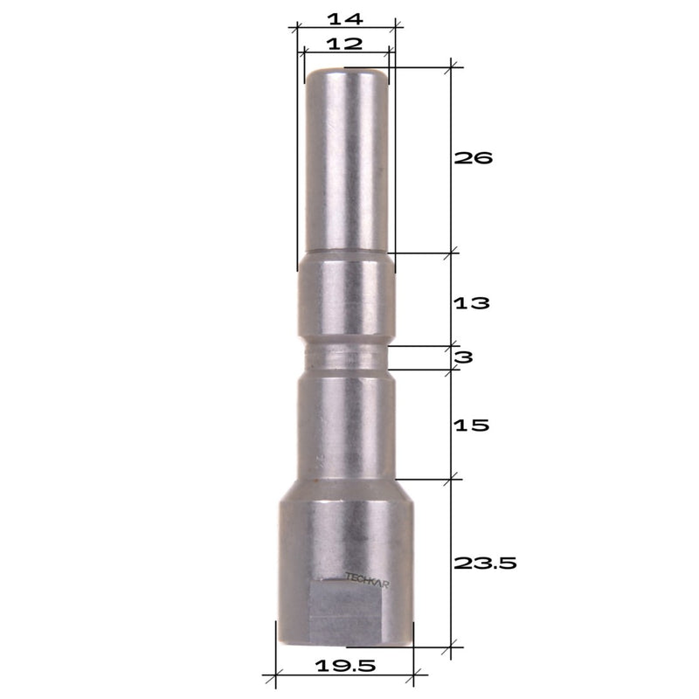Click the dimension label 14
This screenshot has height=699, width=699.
[345, 18]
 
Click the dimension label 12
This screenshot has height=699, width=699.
[344, 44]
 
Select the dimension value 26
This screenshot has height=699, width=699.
[473, 158]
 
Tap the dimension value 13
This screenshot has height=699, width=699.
[472, 303]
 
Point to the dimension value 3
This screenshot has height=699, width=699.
[464, 357]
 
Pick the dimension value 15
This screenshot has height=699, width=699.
[472, 426]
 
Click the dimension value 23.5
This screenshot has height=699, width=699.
[485, 564]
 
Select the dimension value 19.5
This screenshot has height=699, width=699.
[345, 666]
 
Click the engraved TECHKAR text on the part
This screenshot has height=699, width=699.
[367, 580]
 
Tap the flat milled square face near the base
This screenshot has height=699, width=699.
[345, 613]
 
